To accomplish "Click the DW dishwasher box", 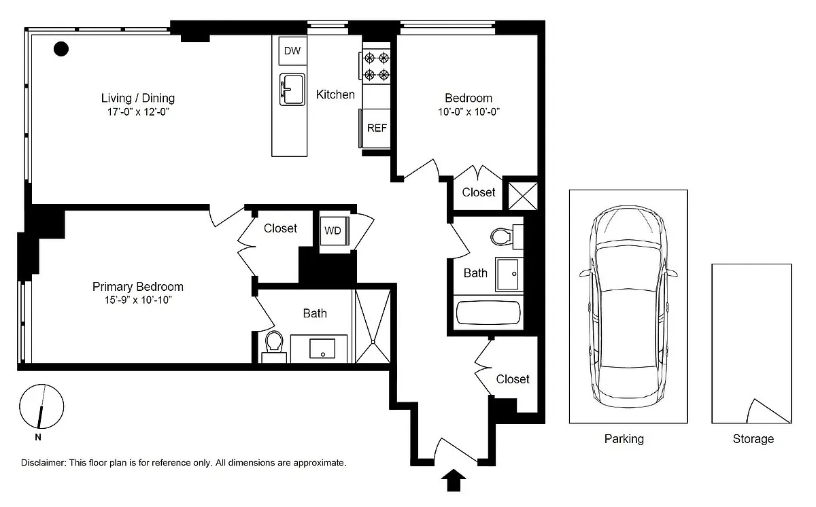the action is pyautogui.click(x=292, y=50).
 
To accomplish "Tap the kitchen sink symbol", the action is pyautogui.click(x=292, y=90).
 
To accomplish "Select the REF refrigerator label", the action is pyautogui.click(x=377, y=128).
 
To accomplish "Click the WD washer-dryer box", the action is pyautogui.click(x=334, y=231).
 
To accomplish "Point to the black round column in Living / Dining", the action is pyautogui.click(x=61, y=49).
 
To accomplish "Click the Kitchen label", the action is pyautogui.click(x=335, y=94).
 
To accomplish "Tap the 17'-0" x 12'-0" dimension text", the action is pyautogui.click(x=138, y=111).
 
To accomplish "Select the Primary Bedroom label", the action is pyautogui.click(x=137, y=286).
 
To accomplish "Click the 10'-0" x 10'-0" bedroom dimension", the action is pyautogui.click(x=469, y=111).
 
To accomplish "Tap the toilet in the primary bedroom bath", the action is pyautogui.click(x=274, y=346).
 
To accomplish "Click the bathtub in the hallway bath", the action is pyautogui.click(x=488, y=312).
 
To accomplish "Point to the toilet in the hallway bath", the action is pyautogui.click(x=507, y=237).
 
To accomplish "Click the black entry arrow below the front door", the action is pyautogui.click(x=454, y=480).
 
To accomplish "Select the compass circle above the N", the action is pyautogui.click(x=41, y=406).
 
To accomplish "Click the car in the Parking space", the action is pyautogui.click(x=628, y=307).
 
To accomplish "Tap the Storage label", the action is pyautogui.click(x=753, y=439).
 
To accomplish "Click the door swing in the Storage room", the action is pyautogui.click(x=768, y=411).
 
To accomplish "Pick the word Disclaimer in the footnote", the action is pyautogui.click(x=44, y=463).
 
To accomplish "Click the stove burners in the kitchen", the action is pyautogui.click(x=376, y=66).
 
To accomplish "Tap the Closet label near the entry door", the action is pyautogui.click(x=513, y=379).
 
